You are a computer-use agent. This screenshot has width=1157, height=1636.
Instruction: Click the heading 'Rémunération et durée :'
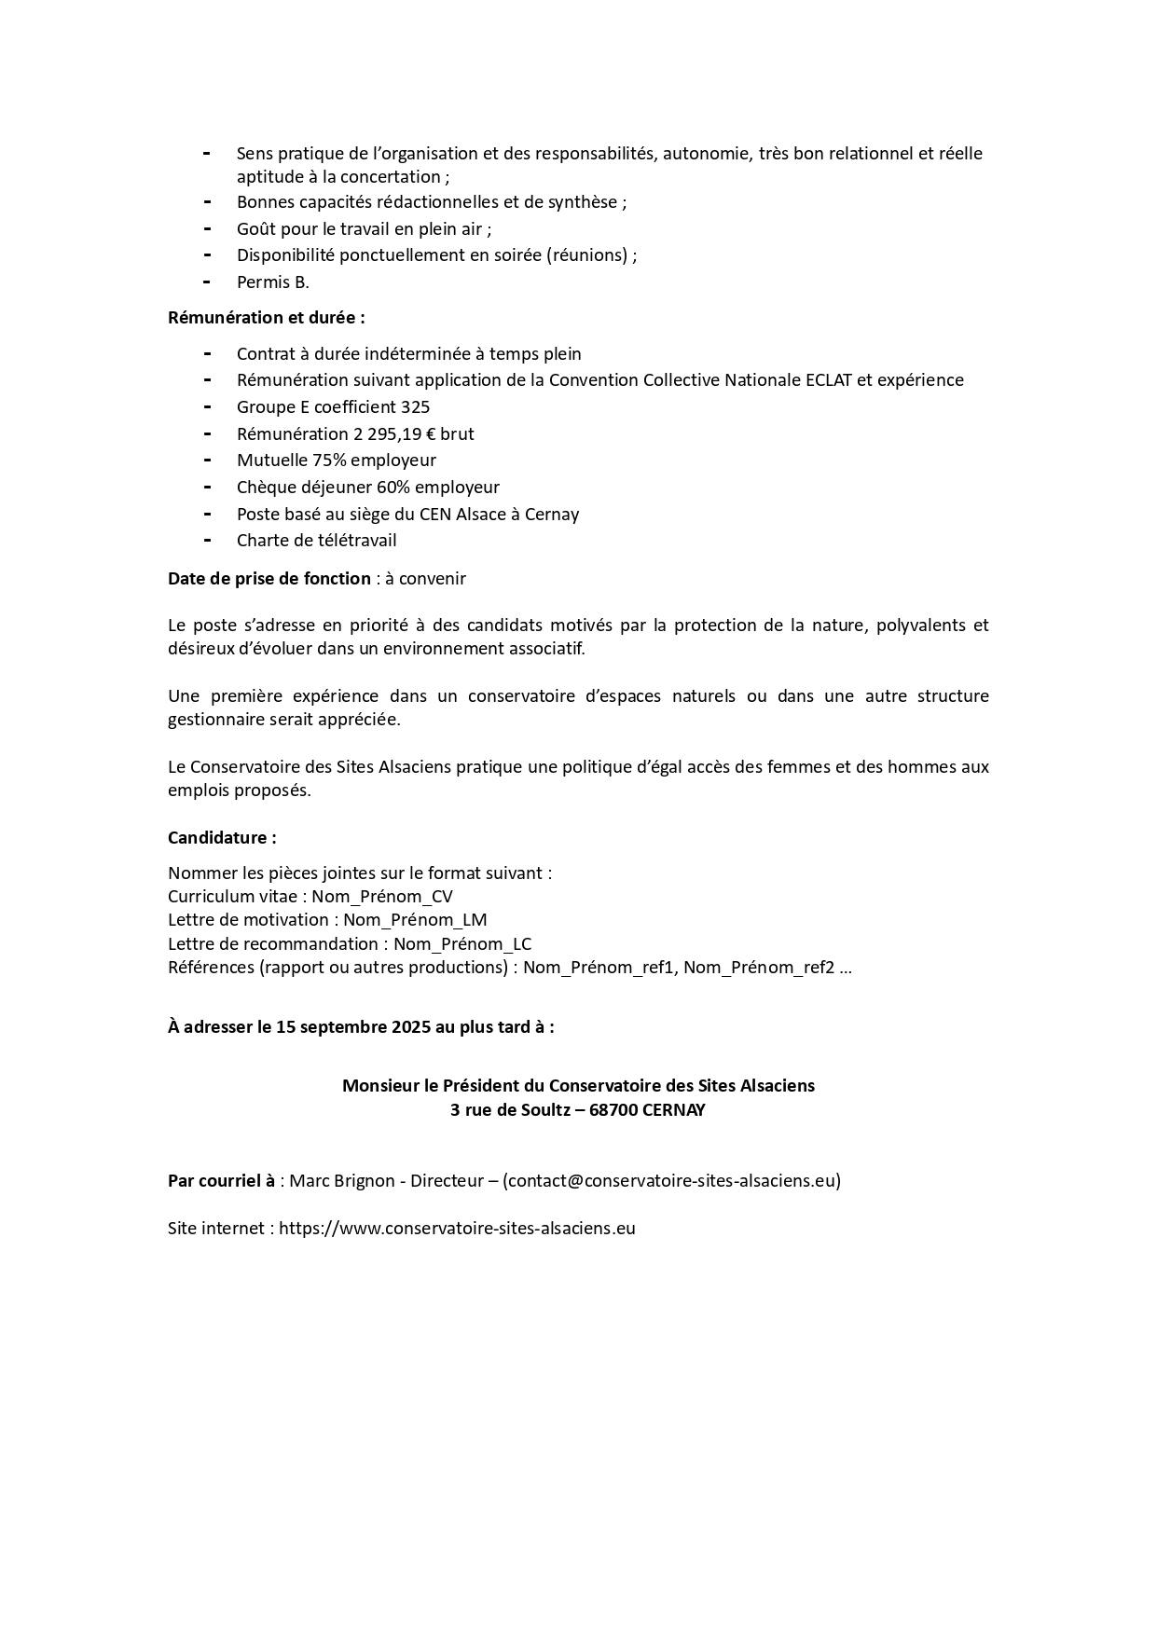[266, 318]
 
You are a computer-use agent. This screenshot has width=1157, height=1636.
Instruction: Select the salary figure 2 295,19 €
[381, 434]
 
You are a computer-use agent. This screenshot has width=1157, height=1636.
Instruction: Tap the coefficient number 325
[415, 407]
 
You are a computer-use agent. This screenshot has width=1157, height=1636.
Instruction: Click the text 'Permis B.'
[272, 282]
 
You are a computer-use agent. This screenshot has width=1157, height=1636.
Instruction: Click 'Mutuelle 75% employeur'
[336, 461]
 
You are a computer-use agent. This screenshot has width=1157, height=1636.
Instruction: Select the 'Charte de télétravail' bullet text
[316, 541]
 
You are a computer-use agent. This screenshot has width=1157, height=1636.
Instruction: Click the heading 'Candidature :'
[222, 838]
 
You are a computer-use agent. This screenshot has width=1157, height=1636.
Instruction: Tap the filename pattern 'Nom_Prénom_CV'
[382, 897]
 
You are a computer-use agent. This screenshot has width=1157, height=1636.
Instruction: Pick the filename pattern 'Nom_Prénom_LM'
[415, 920]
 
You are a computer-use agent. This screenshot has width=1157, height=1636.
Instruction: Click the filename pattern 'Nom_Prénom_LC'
[462, 944]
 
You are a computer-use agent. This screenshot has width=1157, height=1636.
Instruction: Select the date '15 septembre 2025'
[353, 1027]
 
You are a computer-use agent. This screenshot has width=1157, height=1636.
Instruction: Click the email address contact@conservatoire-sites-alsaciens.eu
[671, 1181]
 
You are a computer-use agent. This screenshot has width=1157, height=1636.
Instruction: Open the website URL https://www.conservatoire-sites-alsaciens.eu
[457, 1229]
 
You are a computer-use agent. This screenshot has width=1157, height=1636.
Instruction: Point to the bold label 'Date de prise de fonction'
[269, 579]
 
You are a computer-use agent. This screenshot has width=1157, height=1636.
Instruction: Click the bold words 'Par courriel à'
[221, 1181]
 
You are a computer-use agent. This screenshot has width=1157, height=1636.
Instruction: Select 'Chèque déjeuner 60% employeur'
[367, 488]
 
